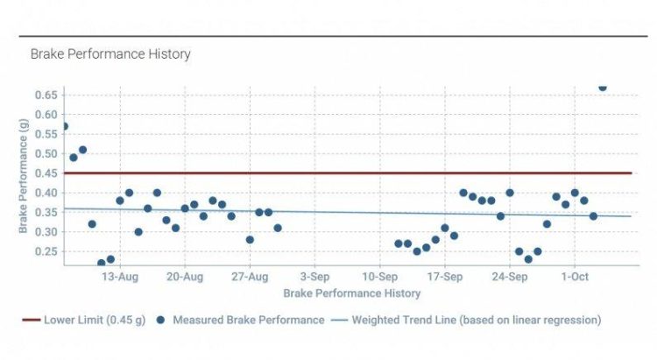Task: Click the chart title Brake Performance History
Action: click(110, 54)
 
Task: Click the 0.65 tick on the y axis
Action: click(47, 95)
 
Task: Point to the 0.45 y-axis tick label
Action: click(47, 173)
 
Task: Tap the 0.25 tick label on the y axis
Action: click(47, 251)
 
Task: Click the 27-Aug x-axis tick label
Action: click(250, 278)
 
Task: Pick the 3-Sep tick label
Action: click(314, 278)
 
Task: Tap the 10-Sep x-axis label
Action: click(379, 278)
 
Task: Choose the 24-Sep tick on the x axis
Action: click(509, 278)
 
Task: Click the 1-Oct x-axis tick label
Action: click(575, 278)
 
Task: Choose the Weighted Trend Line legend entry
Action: click(476, 320)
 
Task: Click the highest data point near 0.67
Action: click(602, 87)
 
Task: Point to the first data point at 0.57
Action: click(64, 126)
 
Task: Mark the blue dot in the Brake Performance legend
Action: click(161, 320)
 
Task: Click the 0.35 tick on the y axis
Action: click(47, 212)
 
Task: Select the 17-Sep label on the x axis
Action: click(444, 278)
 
